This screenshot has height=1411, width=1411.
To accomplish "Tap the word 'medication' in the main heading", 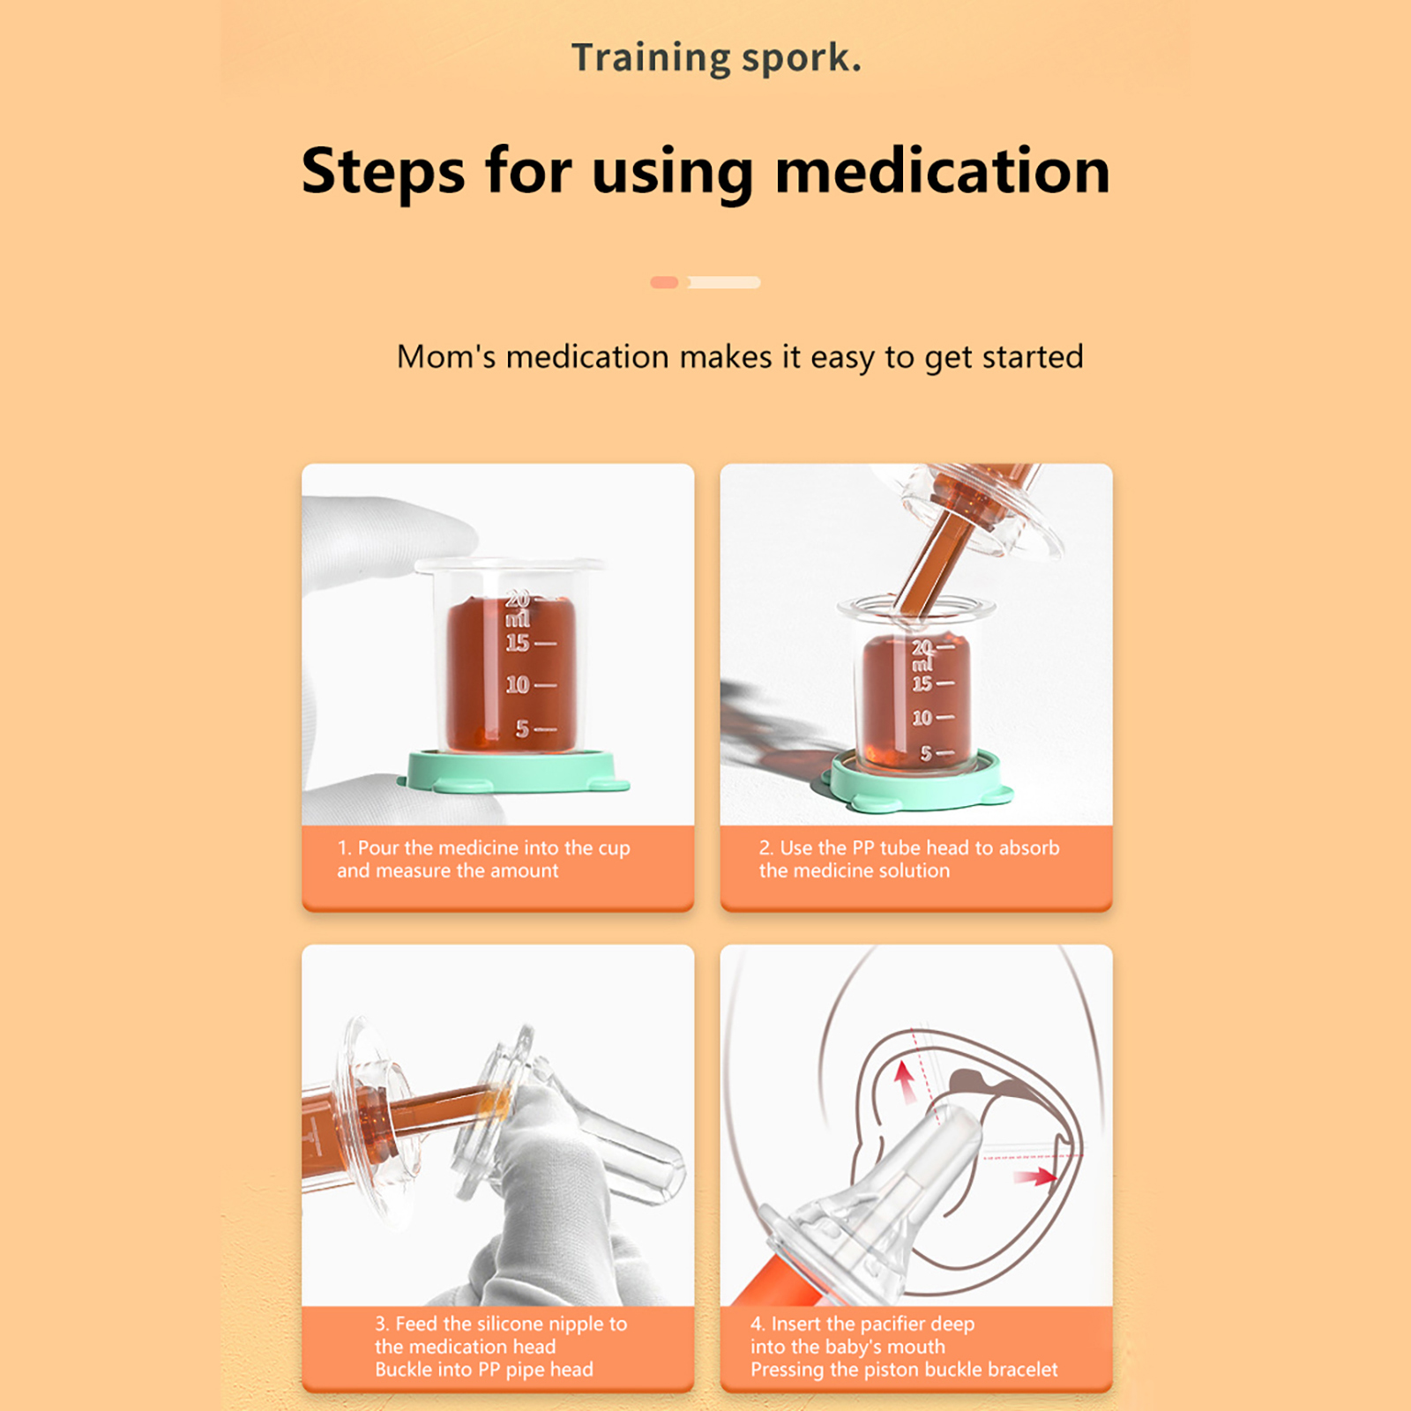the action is coord(943,170).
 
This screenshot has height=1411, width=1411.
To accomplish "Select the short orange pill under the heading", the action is coord(664,282).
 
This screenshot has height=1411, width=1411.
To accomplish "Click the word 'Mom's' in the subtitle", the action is coord(446,357).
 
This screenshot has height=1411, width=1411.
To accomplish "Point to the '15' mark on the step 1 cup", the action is coord(518,643).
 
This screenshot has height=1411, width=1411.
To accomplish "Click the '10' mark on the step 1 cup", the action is coord(518,684).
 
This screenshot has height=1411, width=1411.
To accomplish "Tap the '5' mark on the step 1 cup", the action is coord(523,728).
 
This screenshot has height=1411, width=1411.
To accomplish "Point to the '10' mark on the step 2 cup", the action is coord(922,718).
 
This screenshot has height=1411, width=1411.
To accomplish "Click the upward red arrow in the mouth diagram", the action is coord(905,1082).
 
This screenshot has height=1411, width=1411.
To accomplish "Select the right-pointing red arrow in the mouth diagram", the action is coord(1035,1176).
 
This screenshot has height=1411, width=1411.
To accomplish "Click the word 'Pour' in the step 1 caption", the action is coord(378,847).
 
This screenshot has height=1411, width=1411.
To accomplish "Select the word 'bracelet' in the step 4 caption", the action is coord(1023,1370).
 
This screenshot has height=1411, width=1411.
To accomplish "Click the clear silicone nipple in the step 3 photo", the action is coord(608,1138).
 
